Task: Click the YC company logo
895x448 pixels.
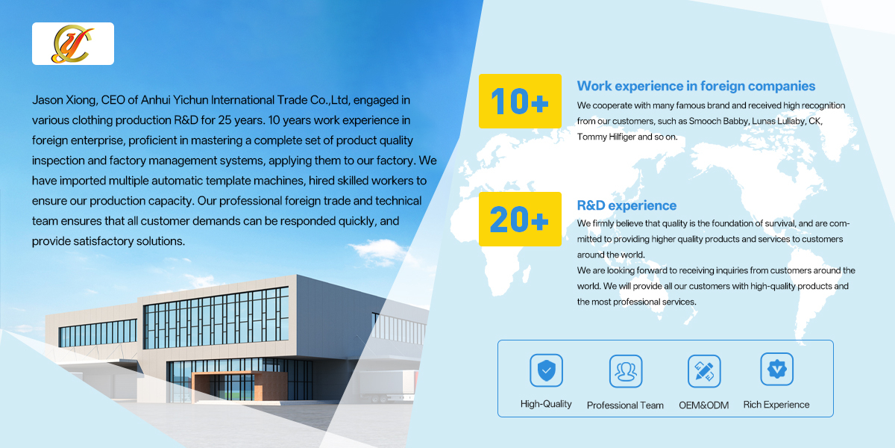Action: click(73, 43)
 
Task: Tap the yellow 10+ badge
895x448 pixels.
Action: click(520, 102)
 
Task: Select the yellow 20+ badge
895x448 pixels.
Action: click(520, 220)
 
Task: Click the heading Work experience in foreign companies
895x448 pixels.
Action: click(696, 86)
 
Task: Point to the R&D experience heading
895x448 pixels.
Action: click(626, 205)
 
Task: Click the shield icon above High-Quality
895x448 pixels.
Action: click(546, 370)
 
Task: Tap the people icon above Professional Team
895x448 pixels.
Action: click(626, 371)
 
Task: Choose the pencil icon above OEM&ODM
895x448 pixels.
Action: click(704, 371)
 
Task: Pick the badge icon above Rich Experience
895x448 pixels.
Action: click(776, 369)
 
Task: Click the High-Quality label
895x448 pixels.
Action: click(546, 404)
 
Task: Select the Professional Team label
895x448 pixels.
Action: click(625, 405)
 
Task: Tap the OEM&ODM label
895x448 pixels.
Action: click(703, 405)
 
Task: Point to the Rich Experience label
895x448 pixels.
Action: click(776, 405)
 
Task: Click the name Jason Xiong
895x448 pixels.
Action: click(65, 100)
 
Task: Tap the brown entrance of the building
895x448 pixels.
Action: click(239, 385)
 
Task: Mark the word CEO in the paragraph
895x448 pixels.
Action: click(113, 100)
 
